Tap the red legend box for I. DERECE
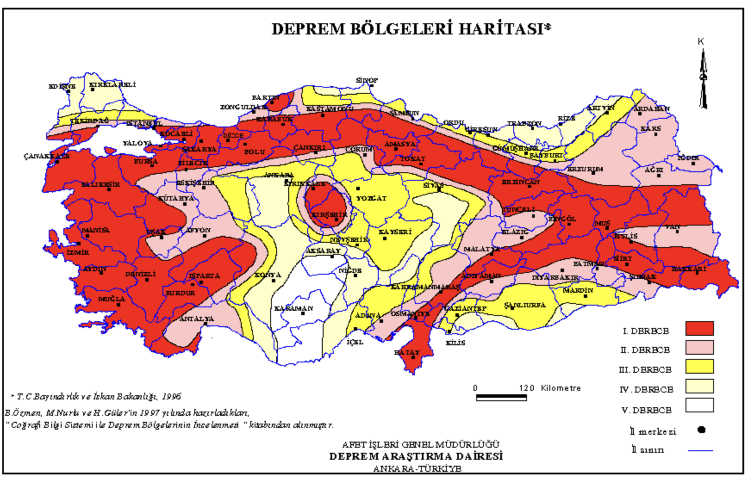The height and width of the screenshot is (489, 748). click(x=699, y=328)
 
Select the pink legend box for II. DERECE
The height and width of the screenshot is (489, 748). click(x=699, y=347)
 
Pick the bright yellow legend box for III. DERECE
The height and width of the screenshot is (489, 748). click(x=699, y=367)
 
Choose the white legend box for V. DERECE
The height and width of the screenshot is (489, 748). click(x=699, y=405)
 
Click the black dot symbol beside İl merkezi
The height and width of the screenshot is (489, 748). click(x=701, y=430)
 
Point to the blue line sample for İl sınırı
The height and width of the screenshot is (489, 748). click(x=700, y=450)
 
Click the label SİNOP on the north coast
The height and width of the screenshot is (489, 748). click(x=367, y=80)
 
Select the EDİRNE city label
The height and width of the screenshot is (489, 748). click(x=62, y=87)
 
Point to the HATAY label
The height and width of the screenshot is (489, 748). click(x=407, y=353)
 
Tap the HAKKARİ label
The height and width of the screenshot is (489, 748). click(x=689, y=269)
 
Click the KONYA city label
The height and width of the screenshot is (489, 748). click(x=268, y=275)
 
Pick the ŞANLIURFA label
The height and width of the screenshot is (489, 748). click(x=524, y=305)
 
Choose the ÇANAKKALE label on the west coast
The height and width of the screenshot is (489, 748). click(x=47, y=156)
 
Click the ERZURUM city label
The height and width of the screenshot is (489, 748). click(x=585, y=169)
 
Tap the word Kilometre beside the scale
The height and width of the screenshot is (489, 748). click(x=561, y=388)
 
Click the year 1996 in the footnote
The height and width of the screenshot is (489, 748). click(x=171, y=396)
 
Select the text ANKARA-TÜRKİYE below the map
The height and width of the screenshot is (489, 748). click(x=417, y=468)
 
